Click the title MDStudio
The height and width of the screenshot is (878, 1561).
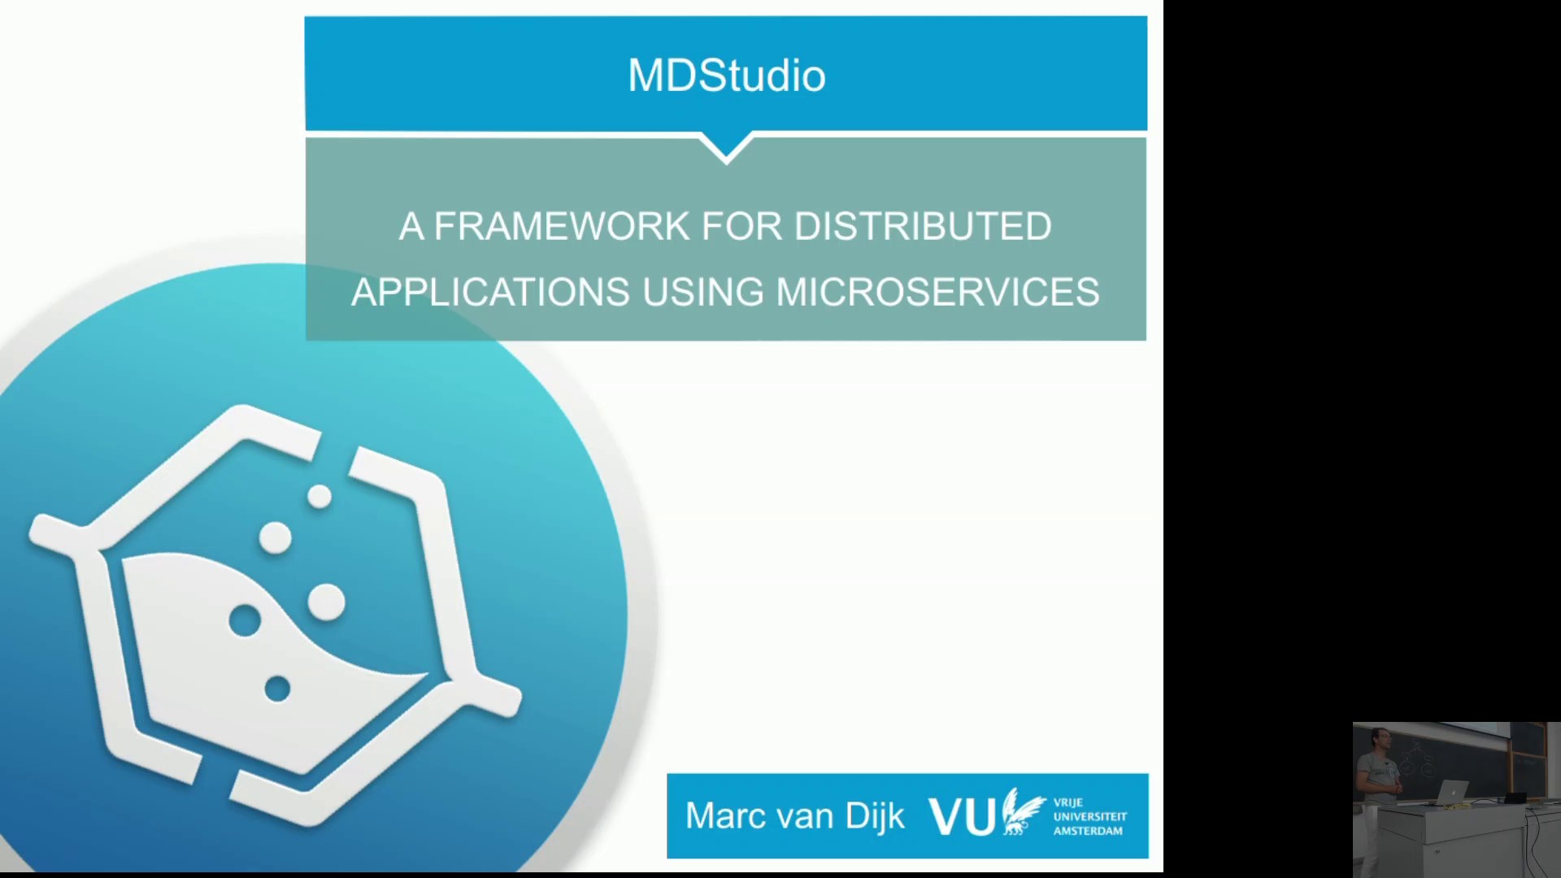tap(726, 76)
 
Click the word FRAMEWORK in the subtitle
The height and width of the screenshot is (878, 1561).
tap(562, 226)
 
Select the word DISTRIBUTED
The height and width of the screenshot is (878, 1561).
tap(922, 226)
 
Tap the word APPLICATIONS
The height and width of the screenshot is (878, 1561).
tap(490, 292)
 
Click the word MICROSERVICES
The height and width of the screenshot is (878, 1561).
tap(937, 292)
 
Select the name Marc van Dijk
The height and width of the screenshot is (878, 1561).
tap(794, 816)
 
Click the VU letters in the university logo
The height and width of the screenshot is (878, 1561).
tap(962, 816)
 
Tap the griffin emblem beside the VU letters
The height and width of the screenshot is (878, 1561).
tap(1022, 811)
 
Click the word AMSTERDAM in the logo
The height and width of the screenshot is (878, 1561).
tap(1088, 831)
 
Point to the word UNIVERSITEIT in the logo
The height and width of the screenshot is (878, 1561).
tap(1089, 816)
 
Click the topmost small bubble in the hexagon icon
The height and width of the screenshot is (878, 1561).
tap(320, 497)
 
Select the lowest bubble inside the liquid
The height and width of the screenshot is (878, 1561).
tap(277, 689)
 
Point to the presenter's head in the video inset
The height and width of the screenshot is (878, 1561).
tap(1379, 740)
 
